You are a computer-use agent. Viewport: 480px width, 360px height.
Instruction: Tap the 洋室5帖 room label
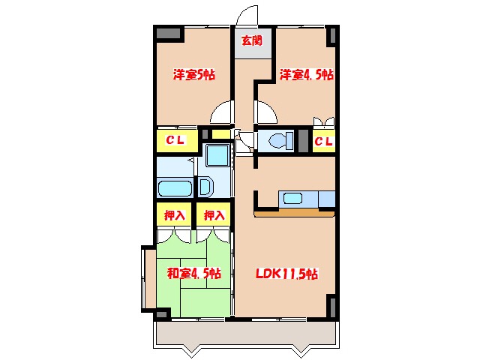coord(194,75)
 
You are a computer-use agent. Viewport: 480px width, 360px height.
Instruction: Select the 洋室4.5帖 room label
coord(307,75)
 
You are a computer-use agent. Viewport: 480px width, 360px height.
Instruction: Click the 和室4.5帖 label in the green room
coord(193,274)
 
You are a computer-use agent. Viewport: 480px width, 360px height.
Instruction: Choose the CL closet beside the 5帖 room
coord(176,140)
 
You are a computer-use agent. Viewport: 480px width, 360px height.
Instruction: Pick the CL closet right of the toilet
coord(323,141)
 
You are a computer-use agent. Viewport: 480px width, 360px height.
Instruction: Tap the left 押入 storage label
coord(175,215)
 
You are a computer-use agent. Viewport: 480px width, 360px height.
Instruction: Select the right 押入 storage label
coord(214,215)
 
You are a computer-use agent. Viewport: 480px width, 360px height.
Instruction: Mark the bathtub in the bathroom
coord(175,187)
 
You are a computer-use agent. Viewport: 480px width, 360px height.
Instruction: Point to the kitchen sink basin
coord(292,199)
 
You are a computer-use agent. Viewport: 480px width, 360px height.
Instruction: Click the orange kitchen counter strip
coord(295,212)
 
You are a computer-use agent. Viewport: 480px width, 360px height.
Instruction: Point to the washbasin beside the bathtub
coord(204,187)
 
